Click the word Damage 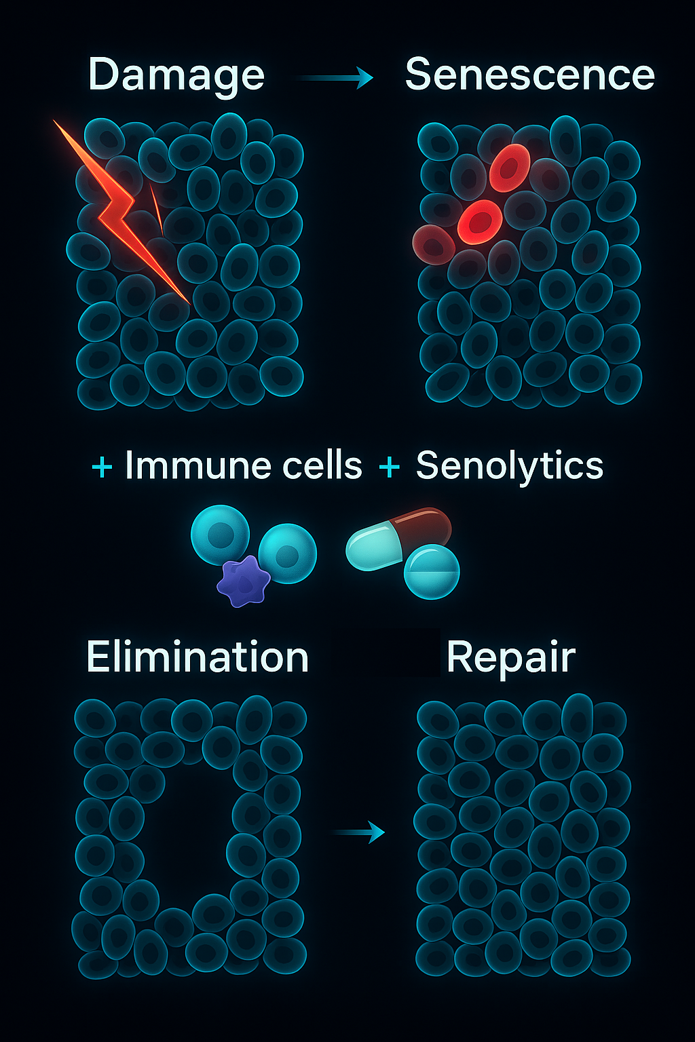click(x=176, y=75)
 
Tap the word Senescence click(x=529, y=75)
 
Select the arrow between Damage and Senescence click(x=336, y=79)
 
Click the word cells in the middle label click(x=322, y=466)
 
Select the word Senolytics click(x=509, y=466)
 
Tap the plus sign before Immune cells click(x=102, y=467)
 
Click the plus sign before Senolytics click(x=389, y=467)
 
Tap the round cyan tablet click(x=432, y=571)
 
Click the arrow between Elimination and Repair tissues click(x=360, y=831)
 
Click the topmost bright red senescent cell click(x=510, y=167)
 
